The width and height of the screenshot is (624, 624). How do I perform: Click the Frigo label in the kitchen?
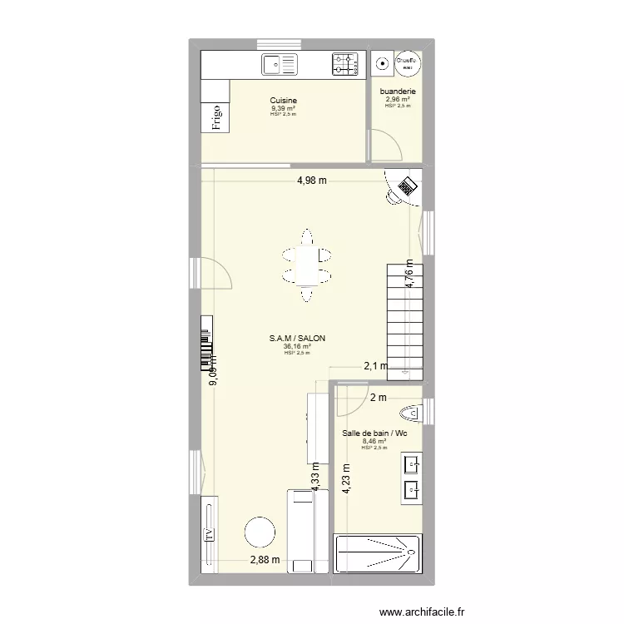(216, 117)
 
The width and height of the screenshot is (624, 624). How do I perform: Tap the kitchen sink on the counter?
(280, 63)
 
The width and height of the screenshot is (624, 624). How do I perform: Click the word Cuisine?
(284, 100)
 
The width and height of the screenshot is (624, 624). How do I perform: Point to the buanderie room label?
(399, 92)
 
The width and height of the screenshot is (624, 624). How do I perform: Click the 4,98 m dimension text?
(312, 181)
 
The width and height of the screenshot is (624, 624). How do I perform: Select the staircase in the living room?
(404, 319)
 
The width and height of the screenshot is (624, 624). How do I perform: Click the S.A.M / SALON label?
(297, 338)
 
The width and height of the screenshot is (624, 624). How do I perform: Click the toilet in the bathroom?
(411, 414)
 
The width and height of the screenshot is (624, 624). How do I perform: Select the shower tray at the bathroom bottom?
(378, 555)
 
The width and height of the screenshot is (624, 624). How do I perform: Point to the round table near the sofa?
(260, 532)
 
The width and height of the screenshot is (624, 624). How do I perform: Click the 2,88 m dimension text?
(265, 560)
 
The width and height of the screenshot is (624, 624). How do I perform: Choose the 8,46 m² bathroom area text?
(374, 442)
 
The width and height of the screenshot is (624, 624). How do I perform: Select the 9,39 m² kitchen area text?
(284, 108)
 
